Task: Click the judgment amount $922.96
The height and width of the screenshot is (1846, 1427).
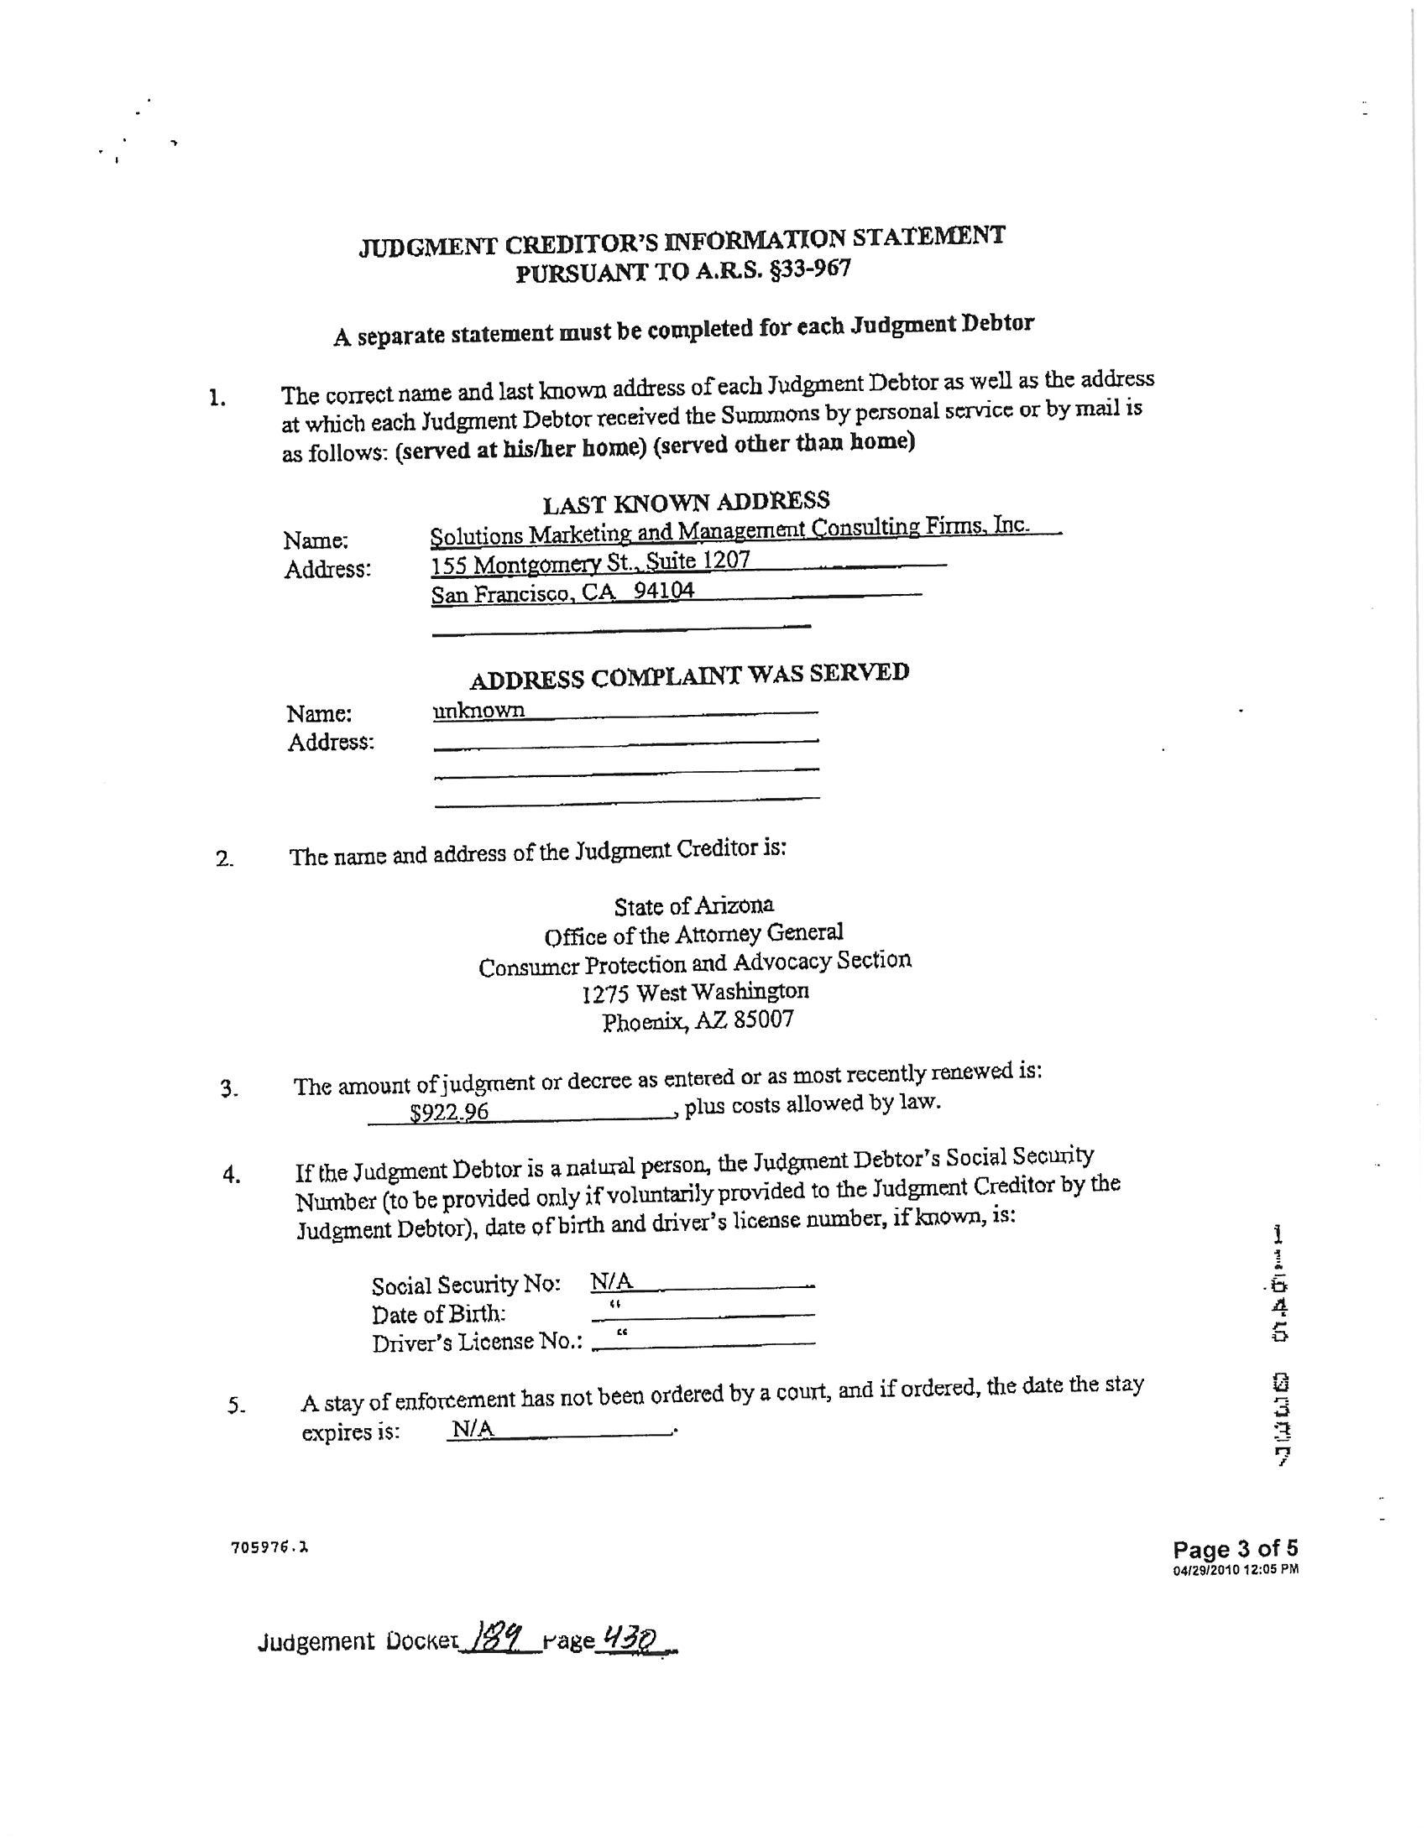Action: [x=449, y=1112]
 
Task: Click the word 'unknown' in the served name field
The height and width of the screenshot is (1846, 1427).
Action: [x=478, y=710]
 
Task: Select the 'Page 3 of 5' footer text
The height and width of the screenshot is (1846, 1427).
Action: [x=1235, y=1547]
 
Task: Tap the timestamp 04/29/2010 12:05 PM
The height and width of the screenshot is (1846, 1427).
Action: [x=1235, y=1570]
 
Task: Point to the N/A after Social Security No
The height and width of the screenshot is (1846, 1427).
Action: [x=611, y=1282]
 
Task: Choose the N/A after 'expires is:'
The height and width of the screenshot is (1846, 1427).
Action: [x=473, y=1429]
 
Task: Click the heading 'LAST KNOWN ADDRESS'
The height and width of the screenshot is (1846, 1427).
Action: [x=686, y=502]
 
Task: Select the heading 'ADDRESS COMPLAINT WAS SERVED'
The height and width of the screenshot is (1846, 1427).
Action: [x=689, y=675]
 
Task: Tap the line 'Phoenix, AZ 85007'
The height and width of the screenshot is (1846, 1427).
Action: [x=698, y=1021]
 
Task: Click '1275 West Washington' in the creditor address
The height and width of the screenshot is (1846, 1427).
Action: [x=695, y=992]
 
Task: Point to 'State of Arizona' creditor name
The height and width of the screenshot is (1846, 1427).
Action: [x=693, y=906]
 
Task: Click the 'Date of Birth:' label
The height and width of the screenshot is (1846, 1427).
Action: [x=439, y=1314]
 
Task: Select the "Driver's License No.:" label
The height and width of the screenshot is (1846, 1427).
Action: [x=478, y=1343]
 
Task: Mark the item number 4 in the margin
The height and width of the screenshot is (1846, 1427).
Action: [x=232, y=1174]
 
